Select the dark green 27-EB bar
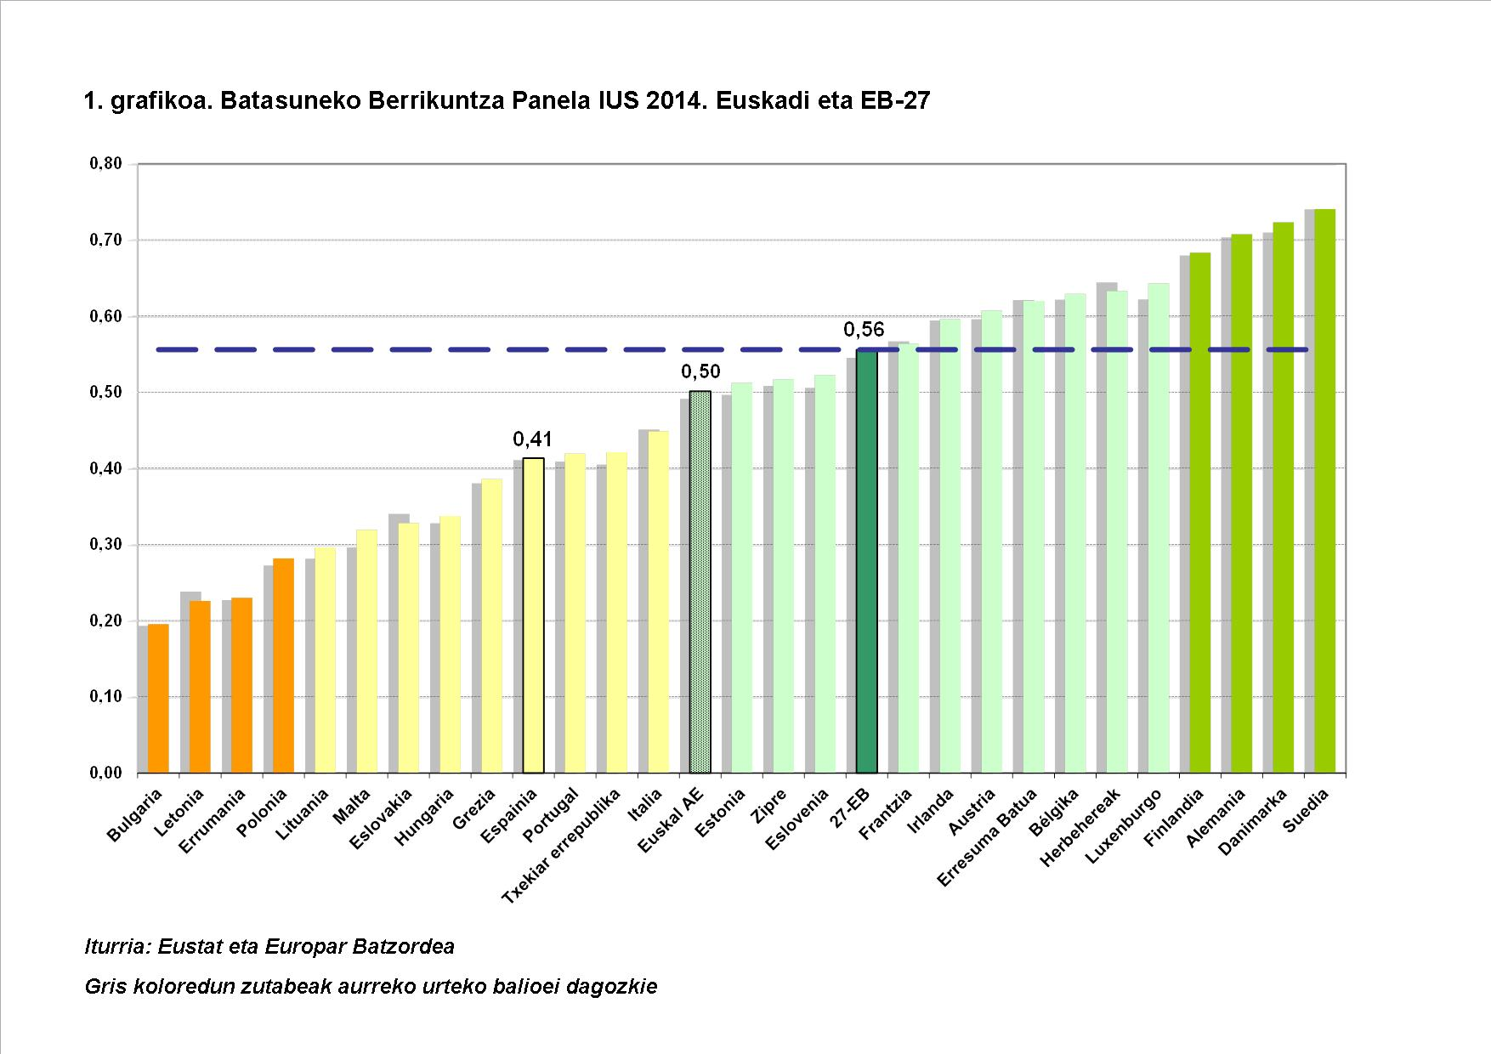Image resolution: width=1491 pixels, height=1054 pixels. [x=866, y=561]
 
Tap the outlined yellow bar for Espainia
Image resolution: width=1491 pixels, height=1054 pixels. [x=533, y=615]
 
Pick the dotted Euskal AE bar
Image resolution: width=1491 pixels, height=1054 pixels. [x=700, y=582]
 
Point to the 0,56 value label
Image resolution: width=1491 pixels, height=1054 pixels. [x=864, y=330]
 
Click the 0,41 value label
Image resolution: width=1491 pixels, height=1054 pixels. [x=532, y=439]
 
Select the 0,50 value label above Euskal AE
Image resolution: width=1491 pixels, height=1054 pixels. [x=700, y=372]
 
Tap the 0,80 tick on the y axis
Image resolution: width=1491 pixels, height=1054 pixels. [x=105, y=164]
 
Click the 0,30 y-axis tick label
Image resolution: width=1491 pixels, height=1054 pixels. [x=105, y=545]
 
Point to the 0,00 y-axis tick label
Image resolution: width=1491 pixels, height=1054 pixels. [x=105, y=773]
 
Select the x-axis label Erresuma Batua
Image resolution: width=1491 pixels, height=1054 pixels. [x=988, y=836]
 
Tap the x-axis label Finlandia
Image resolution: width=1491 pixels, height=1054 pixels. [x=1175, y=817]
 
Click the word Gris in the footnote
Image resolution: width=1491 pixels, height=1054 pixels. [x=106, y=987]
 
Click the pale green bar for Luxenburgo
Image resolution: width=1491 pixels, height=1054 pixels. [x=1158, y=528]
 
